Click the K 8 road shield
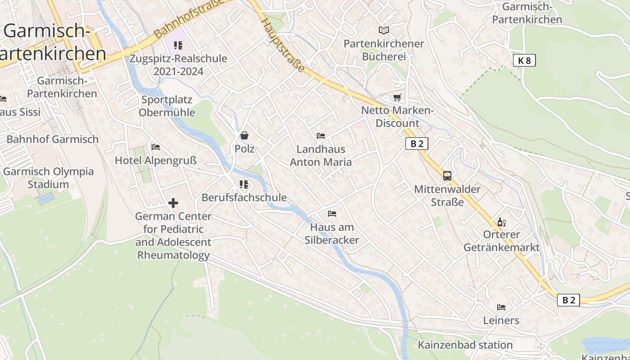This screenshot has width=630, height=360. tap(524, 60)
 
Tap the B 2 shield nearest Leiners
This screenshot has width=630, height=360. tap(568, 300)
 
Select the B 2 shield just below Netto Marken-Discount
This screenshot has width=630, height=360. tap(417, 144)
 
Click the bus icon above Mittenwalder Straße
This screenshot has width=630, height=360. tap(447, 176)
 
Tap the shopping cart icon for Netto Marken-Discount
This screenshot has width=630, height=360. tap(397, 98)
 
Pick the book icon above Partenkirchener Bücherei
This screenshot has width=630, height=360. tap(383, 31)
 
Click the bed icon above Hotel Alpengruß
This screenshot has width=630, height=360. tap(156, 147)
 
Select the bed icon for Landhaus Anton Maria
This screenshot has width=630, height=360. tap(321, 136)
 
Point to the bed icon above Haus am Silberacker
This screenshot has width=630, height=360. tap(332, 214)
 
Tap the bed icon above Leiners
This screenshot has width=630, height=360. tap(501, 307)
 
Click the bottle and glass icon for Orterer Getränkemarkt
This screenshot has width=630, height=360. tap(501, 222)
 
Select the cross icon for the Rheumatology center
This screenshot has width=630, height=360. tap(173, 203)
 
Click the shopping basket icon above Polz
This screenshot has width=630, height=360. tap(244, 135)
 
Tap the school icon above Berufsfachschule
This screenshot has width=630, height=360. tap(244, 184)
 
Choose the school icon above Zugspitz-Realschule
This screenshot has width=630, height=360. tap(178, 45)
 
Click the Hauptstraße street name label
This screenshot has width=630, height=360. tap(283, 45)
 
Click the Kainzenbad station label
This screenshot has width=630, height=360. tap(465, 345)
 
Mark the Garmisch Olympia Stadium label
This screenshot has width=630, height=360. tap(48, 178)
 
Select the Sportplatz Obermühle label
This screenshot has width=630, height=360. tap(167, 106)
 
